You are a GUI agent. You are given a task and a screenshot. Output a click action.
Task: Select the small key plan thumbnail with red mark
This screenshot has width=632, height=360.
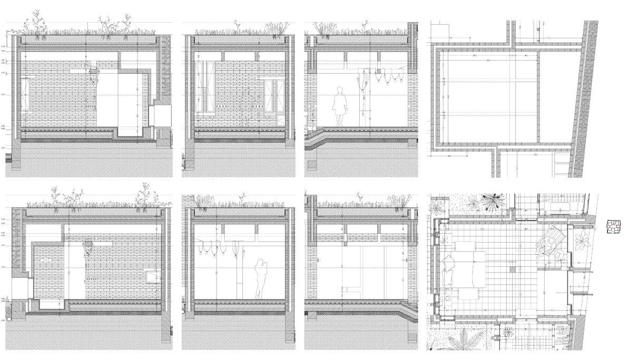coord(614,227)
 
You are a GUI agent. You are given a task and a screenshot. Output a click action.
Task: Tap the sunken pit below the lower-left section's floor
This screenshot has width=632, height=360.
coord(51,304)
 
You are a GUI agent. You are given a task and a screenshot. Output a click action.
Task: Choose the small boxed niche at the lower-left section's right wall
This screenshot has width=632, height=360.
coord(153,274)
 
